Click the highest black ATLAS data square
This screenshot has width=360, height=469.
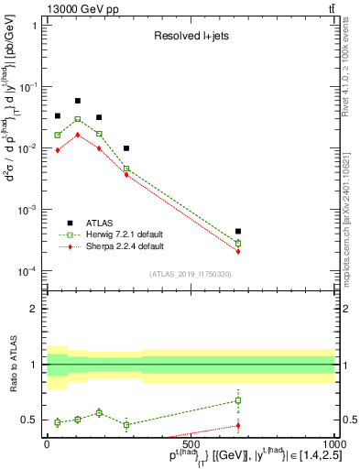pos(78,101)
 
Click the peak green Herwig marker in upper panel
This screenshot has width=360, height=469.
pos(78,119)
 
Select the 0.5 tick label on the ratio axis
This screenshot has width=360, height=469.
pos(32,420)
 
